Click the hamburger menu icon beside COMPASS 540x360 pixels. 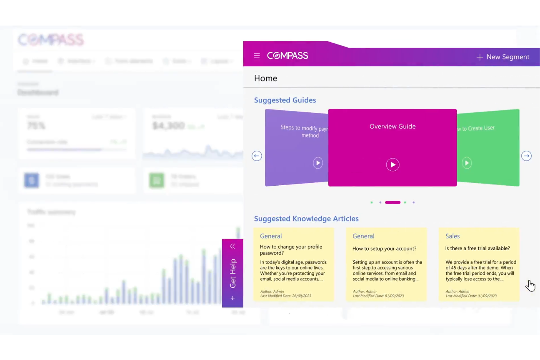coord(257,56)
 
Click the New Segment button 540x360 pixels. coord(503,57)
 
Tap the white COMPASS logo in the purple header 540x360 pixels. coord(288,56)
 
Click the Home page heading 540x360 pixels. coord(266,78)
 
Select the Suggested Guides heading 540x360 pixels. coord(285,100)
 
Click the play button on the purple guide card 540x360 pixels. coord(318,163)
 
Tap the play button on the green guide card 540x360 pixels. coord(467,163)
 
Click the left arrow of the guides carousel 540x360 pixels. coord(257,156)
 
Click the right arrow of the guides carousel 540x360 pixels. coord(526,156)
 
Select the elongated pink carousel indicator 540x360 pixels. coord(393,202)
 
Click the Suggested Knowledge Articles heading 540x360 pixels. coord(306,219)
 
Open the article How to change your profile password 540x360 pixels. coord(291,250)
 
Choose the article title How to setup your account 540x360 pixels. coord(384,249)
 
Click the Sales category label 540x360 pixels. coord(452,236)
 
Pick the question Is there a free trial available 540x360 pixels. coord(477,248)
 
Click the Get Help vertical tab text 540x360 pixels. coord(233,273)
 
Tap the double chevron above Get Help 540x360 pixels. coord(232,247)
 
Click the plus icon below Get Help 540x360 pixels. coord(232,298)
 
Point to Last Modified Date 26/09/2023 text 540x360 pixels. coord(286,296)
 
